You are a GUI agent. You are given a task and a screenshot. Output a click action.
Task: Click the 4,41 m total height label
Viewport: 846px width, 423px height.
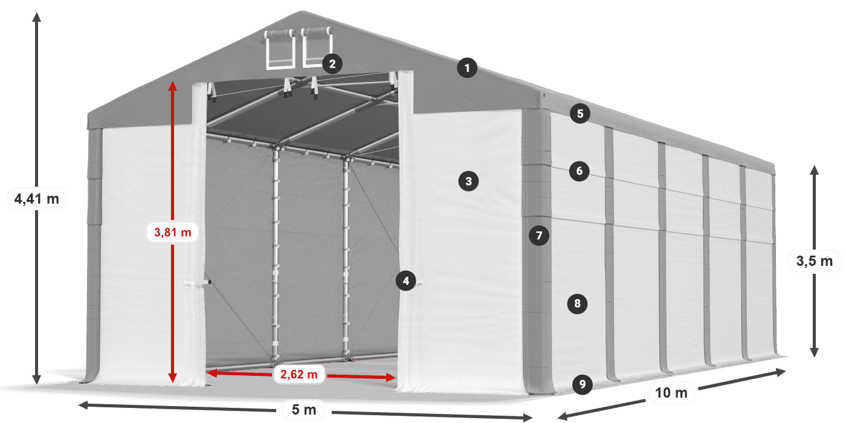click(36, 199)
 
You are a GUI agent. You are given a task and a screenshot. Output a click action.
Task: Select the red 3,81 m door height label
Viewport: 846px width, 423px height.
click(173, 231)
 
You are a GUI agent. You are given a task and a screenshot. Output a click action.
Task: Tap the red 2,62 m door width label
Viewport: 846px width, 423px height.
click(299, 375)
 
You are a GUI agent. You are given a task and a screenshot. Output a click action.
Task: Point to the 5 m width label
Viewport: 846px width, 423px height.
click(304, 410)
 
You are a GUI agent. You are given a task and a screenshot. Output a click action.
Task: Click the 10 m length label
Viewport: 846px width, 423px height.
click(671, 393)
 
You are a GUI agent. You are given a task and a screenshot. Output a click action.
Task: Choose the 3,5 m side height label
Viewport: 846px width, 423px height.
click(814, 262)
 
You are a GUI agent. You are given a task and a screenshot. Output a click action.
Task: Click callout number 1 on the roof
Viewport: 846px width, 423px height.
click(467, 68)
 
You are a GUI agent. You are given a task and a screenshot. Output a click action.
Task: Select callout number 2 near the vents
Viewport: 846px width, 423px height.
click(332, 63)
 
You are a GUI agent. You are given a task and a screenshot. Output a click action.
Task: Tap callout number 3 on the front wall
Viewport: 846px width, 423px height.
click(468, 180)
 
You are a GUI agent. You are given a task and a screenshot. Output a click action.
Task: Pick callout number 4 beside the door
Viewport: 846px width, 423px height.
click(406, 280)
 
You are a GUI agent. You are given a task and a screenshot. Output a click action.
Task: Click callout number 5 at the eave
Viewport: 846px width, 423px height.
click(580, 113)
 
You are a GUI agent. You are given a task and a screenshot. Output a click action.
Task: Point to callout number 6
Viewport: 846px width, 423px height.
click(579, 171)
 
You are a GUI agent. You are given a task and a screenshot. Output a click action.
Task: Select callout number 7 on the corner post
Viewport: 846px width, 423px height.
click(539, 234)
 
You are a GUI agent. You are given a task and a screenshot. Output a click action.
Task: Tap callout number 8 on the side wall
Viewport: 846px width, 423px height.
click(577, 303)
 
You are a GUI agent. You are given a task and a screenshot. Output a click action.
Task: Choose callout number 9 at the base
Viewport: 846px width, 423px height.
click(582, 384)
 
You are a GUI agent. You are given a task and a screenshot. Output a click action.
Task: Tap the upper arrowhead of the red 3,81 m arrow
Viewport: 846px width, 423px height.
click(173, 85)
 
